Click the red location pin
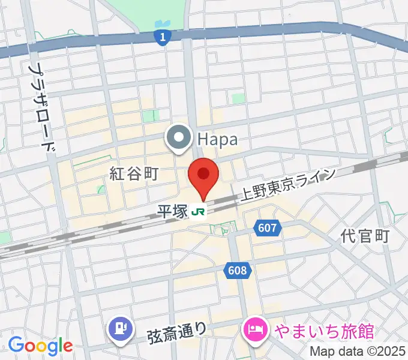[x=203, y=175]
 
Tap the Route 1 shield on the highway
[x=161, y=37]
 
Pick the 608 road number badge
[x=238, y=271]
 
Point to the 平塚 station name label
[x=173, y=212]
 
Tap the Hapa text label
[x=217, y=140]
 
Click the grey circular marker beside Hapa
[x=179, y=139]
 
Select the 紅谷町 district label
[x=133, y=174]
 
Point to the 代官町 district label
[x=365, y=236]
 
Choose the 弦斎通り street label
[x=177, y=331]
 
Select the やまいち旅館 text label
[x=324, y=331]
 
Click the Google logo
[x=40, y=346]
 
